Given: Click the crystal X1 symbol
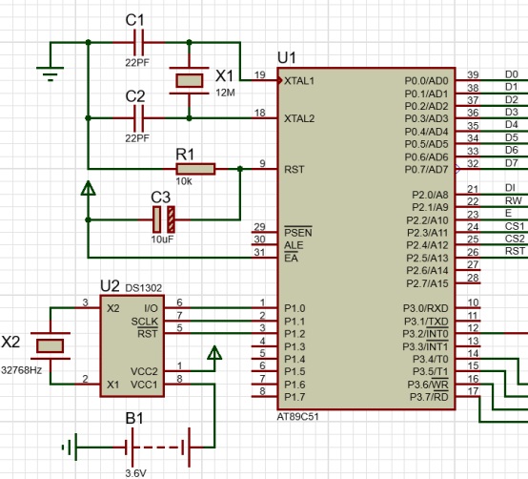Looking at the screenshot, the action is [x=190, y=80].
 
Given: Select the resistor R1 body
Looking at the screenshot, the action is [x=195, y=169].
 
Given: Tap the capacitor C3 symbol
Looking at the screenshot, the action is [x=164, y=219].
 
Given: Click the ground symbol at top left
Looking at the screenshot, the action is [x=51, y=73].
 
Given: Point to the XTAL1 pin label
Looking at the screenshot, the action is [x=299, y=81].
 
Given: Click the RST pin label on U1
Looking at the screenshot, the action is [x=294, y=169].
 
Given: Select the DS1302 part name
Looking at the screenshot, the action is [x=144, y=288].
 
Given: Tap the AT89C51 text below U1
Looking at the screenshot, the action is [x=297, y=417].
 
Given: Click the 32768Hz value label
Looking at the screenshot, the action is [x=22, y=370].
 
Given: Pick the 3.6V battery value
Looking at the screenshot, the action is [x=135, y=473].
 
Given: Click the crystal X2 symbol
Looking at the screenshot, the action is [x=51, y=345].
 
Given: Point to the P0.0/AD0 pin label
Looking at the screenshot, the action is [x=426, y=81].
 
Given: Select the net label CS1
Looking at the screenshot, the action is [x=515, y=226].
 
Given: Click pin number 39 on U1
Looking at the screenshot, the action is [x=473, y=74].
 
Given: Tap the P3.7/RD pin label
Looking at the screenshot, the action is [x=429, y=397].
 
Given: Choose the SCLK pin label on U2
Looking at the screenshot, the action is [x=144, y=322].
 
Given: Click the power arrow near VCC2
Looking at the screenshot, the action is [x=214, y=353].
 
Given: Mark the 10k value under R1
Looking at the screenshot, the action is [x=184, y=181].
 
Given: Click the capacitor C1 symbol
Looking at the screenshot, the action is [x=139, y=43].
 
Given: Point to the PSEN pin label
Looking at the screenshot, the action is [x=298, y=232].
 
